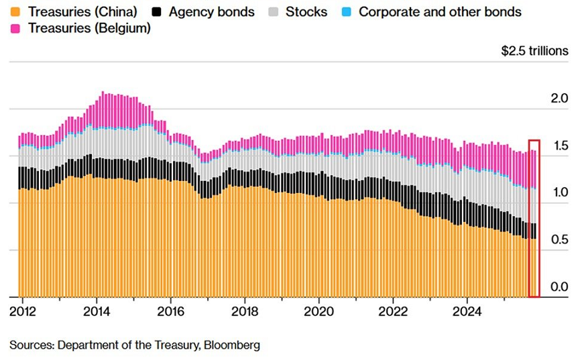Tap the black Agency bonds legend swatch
(x=157, y=12)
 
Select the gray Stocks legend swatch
(x=273, y=12)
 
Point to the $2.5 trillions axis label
(x=534, y=51)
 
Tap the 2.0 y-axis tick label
(x=559, y=99)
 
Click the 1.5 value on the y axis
(x=559, y=145)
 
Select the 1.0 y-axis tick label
(x=559, y=192)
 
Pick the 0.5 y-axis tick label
(x=559, y=239)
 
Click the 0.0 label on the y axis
(x=559, y=287)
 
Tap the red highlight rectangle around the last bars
(x=534, y=219)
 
